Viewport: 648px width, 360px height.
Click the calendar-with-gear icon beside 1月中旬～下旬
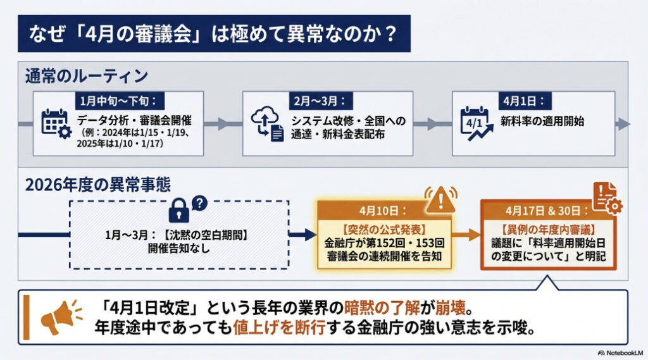coord(55,123)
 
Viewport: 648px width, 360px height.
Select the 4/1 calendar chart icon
coord(476,123)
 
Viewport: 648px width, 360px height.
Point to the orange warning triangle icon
coord(440,201)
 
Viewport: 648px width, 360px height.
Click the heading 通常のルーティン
coord(87,77)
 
